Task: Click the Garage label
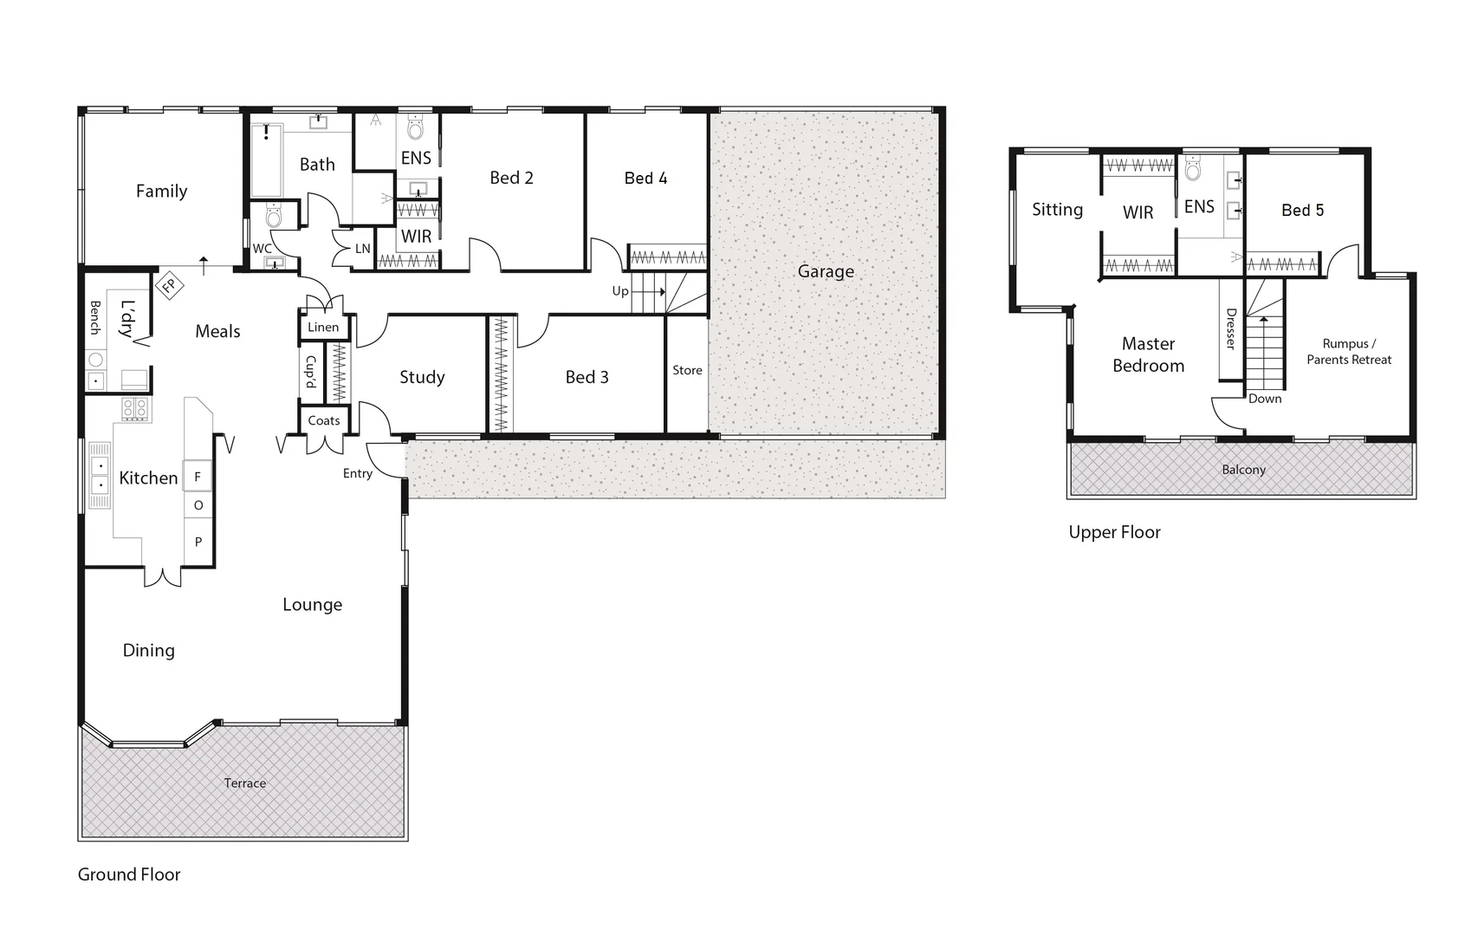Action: [x=826, y=272]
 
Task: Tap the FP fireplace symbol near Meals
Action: [x=169, y=285]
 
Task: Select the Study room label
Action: [x=422, y=377]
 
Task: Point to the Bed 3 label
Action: [x=587, y=377]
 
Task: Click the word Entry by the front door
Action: [x=357, y=473]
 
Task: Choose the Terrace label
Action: [x=245, y=783]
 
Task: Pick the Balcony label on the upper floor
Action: [x=1243, y=470]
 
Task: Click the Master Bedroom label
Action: [x=1148, y=354]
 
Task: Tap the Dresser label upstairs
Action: [x=1230, y=329]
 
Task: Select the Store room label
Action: [x=687, y=370]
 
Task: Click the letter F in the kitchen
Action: [x=198, y=477]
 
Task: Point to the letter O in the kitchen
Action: [x=198, y=505]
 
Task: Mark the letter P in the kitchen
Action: [x=198, y=542]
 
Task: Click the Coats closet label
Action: [x=324, y=420]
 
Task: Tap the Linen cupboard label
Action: [x=323, y=327]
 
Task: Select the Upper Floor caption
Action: [x=1114, y=532]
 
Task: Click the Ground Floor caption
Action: [x=129, y=874]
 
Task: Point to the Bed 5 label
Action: [x=1302, y=210]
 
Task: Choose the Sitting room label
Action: [x=1057, y=210]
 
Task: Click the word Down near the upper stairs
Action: [x=1265, y=399]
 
